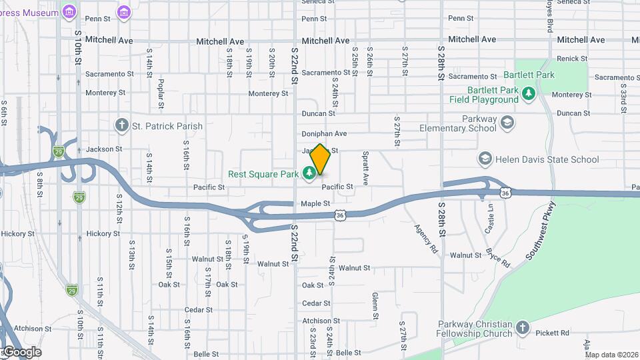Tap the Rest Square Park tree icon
(309, 174)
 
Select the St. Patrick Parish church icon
(121, 125)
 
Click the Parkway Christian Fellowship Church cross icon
(522, 328)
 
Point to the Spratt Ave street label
(365, 172)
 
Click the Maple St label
(315, 203)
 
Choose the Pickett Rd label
(555, 333)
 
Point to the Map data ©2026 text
(612, 355)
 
